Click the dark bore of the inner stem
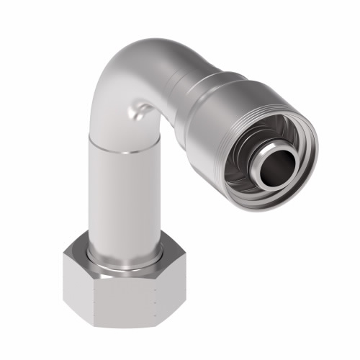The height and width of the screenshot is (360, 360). click(276, 152)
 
